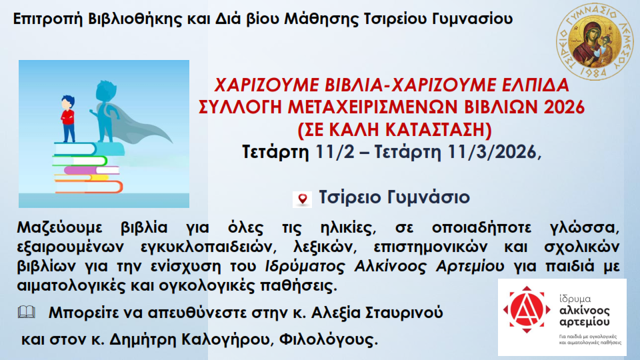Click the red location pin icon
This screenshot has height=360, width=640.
coord(303,199)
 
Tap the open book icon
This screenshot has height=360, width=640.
coord(27,312)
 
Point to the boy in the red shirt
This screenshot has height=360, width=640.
coord(68,119)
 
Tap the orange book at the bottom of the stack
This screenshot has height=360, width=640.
coord(89,187)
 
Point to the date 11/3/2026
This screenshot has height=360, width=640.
coord(491,152)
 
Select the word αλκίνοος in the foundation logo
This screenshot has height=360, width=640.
coord(585,311)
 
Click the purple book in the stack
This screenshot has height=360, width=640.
coord(91,170)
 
